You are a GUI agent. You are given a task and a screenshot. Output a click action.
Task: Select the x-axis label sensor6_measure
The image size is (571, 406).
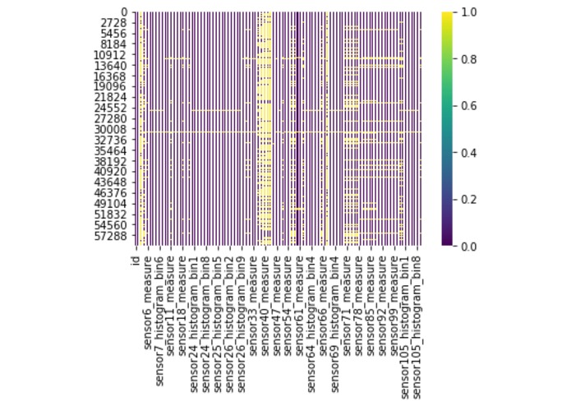pos(148,293)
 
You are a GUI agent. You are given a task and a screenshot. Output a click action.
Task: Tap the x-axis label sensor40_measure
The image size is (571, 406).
pos(265,295)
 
